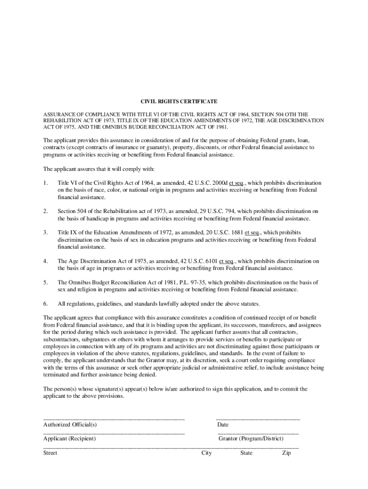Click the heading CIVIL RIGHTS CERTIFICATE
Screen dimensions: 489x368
pos(178,102)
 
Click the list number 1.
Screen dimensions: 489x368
pos(45,183)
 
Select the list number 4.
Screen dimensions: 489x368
pos(45,261)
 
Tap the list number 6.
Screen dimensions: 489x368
pos(45,304)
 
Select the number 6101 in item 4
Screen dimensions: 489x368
pos(208,261)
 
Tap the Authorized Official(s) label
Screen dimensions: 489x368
pos(70,425)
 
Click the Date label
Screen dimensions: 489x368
pos(223,425)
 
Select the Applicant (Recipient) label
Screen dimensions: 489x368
pos(69,438)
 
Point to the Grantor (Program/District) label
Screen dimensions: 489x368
pos(251,438)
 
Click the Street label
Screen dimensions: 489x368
pos(50,453)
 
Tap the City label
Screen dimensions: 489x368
pos(206,453)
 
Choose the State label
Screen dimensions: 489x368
pos(247,453)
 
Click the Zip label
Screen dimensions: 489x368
pos(286,453)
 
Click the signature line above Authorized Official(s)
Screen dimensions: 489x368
pos(114,419)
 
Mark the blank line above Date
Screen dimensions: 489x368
pos(258,419)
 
